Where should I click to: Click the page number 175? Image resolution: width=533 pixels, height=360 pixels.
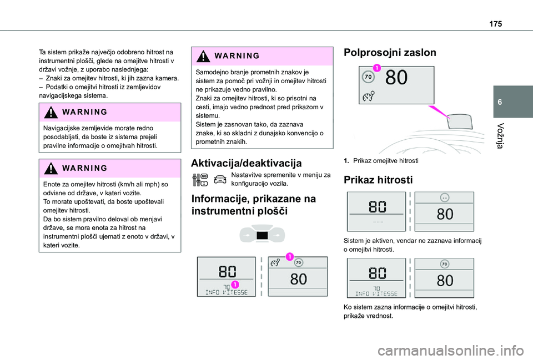point(495,24)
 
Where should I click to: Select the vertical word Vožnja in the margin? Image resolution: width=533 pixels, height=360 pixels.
point(500,135)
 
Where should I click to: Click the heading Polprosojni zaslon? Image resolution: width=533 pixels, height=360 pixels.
point(390,53)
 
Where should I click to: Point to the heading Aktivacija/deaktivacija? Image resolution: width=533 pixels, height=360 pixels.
point(246,163)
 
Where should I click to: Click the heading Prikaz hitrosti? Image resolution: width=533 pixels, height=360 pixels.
point(378,180)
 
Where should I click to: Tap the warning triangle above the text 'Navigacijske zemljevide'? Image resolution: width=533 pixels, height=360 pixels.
point(51,112)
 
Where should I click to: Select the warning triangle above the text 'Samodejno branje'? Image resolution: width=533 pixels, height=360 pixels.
point(203,56)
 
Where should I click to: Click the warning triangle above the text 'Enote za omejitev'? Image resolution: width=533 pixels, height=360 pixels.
point(51,168)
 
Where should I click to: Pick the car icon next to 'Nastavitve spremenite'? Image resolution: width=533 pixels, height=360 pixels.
point(220,179)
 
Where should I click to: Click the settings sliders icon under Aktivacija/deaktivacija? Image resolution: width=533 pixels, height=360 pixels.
point(200,180)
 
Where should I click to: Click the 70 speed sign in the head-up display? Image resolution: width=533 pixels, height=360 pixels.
point(368,77)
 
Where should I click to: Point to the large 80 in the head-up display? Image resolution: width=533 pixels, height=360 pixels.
point(396,78)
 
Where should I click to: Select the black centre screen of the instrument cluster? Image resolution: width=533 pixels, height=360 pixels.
point(262,236)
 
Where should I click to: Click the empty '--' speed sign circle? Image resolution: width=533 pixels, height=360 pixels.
point(445,197)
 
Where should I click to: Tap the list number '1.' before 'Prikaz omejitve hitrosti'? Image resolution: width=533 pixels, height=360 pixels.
point(346,161)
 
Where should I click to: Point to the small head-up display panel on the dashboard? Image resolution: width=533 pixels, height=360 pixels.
point(460,121)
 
